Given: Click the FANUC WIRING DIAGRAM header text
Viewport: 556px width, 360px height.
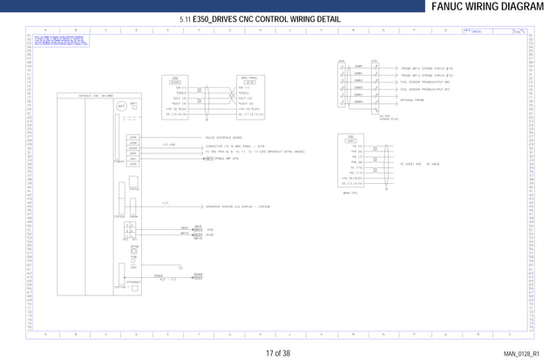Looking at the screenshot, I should [492, 7].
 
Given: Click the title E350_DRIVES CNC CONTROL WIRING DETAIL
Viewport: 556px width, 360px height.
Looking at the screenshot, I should [261, 19].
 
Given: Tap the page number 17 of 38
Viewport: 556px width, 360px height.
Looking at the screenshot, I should [278, 353].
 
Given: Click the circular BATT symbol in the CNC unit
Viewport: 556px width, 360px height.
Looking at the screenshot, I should [121, 107].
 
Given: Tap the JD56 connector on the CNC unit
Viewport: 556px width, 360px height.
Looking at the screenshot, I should [133, 138].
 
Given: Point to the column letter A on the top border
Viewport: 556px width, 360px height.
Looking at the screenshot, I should [46, 30].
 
